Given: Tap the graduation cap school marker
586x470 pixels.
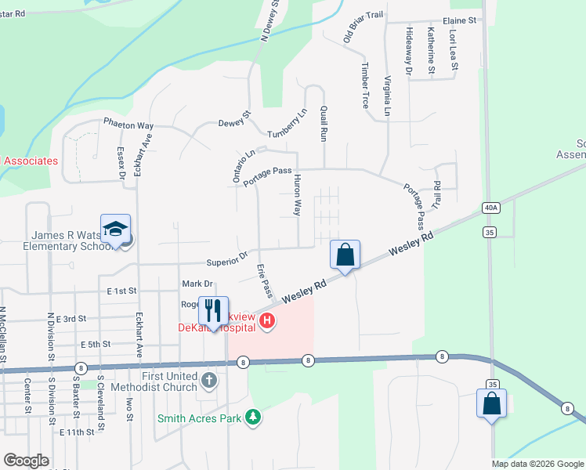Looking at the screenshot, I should pos(115,229).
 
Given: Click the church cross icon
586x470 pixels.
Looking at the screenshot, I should pos(208,381).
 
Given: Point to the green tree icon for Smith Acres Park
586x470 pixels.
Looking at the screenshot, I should pos(252,418).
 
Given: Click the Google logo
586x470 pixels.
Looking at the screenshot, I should pos(27,461).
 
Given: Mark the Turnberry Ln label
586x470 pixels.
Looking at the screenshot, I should pos(287,124).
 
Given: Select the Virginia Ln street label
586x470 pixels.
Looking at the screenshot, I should pos(387,96).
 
